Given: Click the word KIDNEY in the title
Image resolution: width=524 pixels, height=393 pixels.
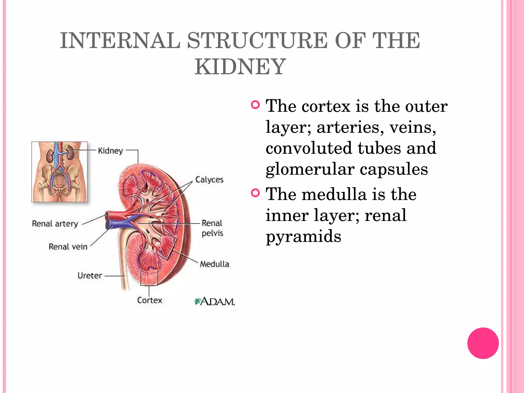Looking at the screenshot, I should [240, 67].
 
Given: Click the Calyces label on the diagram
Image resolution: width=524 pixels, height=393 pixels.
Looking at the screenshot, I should [209, 180].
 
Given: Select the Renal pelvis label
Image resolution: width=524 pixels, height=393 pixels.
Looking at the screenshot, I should [212, 228].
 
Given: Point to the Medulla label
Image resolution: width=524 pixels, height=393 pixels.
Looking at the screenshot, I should [214, 264].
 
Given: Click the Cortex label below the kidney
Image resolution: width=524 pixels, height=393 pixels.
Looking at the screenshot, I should [150, 300].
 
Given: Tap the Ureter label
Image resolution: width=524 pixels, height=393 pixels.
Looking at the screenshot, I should [90, 276].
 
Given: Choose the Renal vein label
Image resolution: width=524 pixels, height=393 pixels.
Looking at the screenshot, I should [68, 247].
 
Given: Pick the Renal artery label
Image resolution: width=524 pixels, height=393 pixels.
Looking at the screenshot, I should [55, 224].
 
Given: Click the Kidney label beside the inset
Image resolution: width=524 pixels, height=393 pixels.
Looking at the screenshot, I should [110, 150].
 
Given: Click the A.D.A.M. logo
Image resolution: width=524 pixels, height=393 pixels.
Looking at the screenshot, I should [215, 302].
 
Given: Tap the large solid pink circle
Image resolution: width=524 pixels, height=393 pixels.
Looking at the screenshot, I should [483, 343].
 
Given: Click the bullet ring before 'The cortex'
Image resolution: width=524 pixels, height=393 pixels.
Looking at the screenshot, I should [255, 105].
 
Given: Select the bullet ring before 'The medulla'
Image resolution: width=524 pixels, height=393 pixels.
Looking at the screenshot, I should [255, 193].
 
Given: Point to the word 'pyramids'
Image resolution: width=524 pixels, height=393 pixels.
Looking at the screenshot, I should [303, 236].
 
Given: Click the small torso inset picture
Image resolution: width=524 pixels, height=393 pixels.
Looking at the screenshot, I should [59, 172].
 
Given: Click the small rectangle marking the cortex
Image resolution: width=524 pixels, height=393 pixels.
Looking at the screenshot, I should [149, 278].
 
